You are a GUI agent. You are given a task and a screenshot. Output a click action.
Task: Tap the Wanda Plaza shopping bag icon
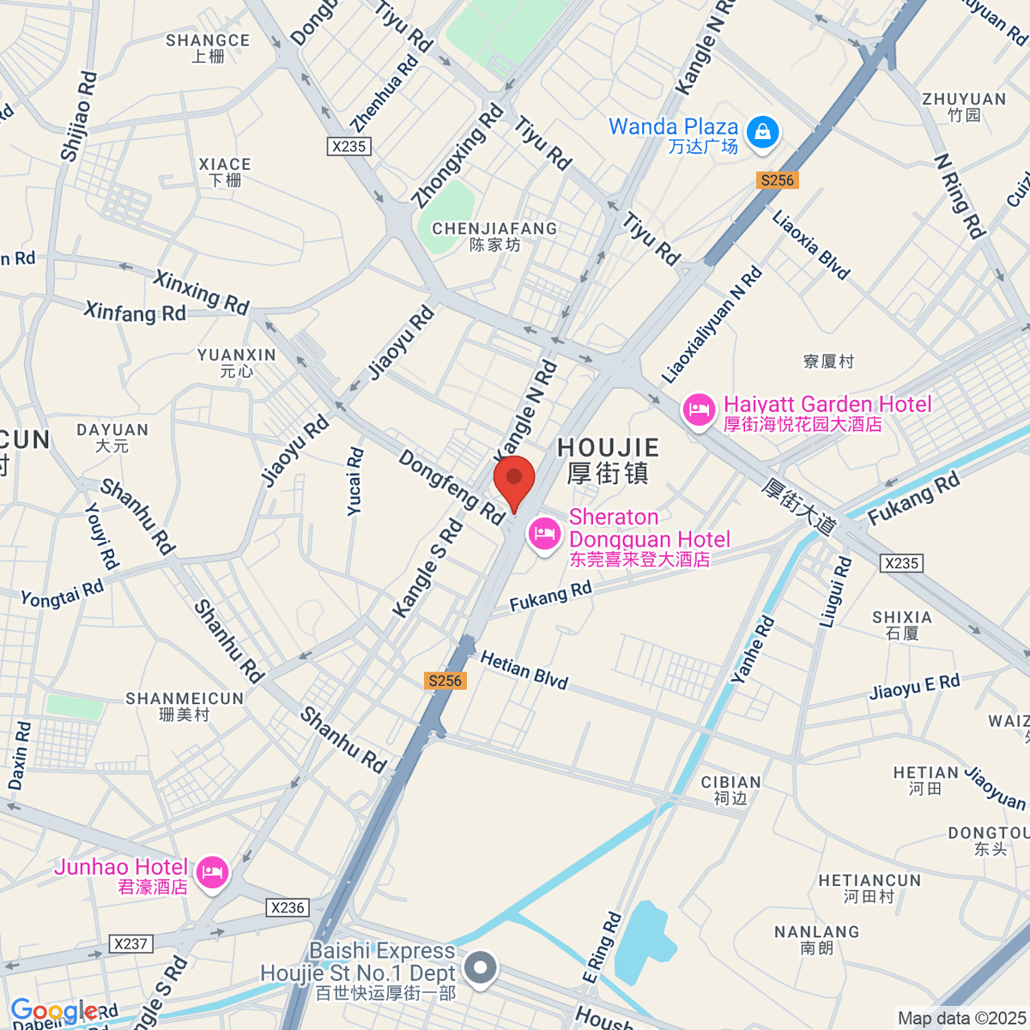click(762, 132)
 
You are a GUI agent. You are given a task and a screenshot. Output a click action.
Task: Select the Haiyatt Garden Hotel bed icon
click(699, 409)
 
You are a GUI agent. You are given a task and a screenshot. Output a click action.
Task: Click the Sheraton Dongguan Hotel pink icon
click(544, 534)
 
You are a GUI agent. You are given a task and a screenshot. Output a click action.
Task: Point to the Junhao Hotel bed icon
click(212, 873)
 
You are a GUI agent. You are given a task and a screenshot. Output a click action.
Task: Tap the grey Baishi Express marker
click(481, 968)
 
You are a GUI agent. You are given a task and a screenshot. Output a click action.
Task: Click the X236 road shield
click(288, 907)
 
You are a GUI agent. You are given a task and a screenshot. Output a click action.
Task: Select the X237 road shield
click(130, 943)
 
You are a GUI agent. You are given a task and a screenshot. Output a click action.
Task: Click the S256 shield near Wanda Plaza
click(777, 179)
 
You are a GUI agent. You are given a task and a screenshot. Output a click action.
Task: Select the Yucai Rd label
click(355, 482)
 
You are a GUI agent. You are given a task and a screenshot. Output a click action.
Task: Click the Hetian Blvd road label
click(524, 670)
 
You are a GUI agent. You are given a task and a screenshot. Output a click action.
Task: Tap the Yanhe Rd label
click(753, 650)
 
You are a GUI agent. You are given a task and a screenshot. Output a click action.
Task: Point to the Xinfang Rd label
click(135, 312)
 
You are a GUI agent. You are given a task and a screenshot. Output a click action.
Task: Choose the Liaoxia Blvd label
click(810, 245)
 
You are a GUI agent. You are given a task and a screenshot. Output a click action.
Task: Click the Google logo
click(53, 1010)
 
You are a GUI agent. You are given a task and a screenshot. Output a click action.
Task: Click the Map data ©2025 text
click(961, 1018)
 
